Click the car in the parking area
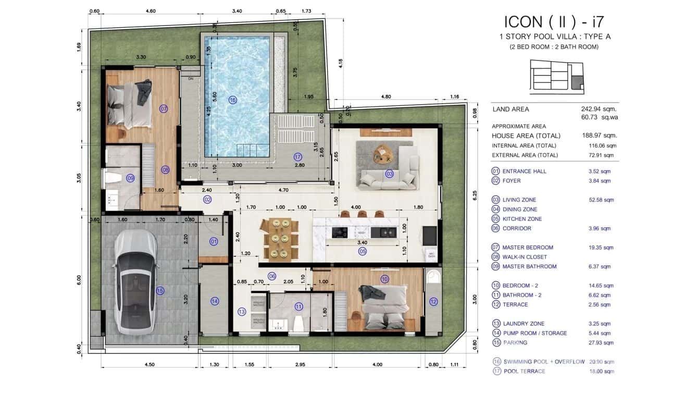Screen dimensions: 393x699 (135, 282)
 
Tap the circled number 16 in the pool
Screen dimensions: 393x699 (232, 100)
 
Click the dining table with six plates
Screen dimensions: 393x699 (281, 239)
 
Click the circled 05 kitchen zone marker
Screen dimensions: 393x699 (363, 251)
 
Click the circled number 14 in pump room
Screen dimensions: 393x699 (215, 301)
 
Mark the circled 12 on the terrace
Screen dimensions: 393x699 (433, 301)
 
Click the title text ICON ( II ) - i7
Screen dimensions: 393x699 (554, 22)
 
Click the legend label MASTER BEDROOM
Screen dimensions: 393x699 (527, 248)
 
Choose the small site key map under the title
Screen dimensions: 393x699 (556, 77)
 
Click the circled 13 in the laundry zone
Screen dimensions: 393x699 (241, 312)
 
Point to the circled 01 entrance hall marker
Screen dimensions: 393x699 (214, 241)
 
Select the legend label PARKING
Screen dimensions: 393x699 (515, 342)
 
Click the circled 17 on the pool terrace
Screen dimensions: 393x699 (297, 156)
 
